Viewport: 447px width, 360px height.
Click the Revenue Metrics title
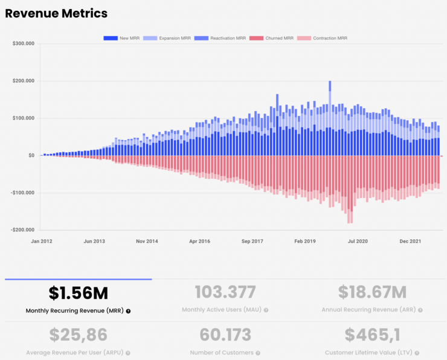pyautogui.click(x=56, y=13)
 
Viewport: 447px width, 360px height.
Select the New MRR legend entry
pyautogui.click(x=121, y=38)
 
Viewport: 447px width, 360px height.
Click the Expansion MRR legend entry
pyautogui.click(x=169, y=38)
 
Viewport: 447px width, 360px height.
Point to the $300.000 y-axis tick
pyautogui.click(x=23, y=43)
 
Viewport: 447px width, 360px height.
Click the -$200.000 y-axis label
pyautogui.click(x=22, y=230)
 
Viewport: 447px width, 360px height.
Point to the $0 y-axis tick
pyautogui.click(x=31, y=155)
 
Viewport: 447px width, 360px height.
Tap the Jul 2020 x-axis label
pyautogui.click(x=358, y=242)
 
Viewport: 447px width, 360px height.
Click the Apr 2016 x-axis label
pyautogui.click(x=200, y=242)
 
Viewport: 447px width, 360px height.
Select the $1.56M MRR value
pyautogui.click(x=79, y=294)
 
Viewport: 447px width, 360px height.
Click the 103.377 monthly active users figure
pyautogui.click(x=225, y=294)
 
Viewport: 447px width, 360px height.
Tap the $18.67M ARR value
pyautogui.click(x=372, y=294)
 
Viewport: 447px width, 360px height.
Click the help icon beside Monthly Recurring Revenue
pyautogui.click(x=128, y=311)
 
